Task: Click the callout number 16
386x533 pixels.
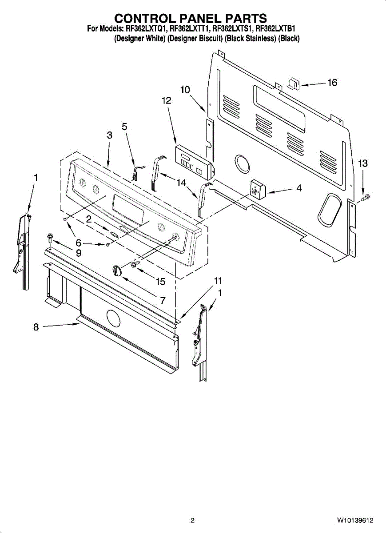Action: (332, 83)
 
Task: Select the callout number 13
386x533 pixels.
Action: (363, 164)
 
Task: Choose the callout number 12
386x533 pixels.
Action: (166, 101)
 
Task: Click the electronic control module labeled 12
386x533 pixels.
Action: (194, 159)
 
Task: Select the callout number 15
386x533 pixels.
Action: (160, 282)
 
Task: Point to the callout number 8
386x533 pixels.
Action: (36, 327)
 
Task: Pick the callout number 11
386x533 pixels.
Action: (218, 281)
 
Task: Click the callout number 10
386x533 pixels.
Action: (185, 90)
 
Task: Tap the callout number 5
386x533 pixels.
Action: (124, 127)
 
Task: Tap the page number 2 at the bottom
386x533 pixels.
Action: (192, 520)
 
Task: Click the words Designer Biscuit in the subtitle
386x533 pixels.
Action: (195, 39)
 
